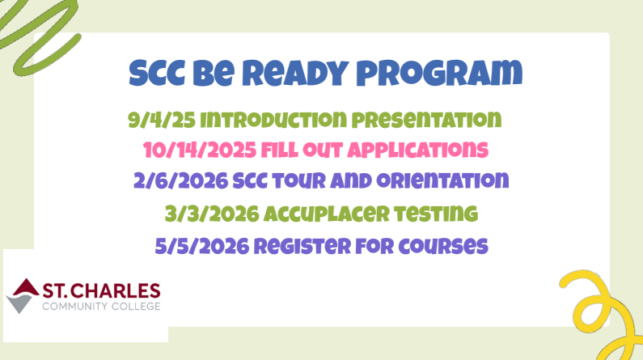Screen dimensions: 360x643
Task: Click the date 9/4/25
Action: pyautogui.click(x=160, y=121)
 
